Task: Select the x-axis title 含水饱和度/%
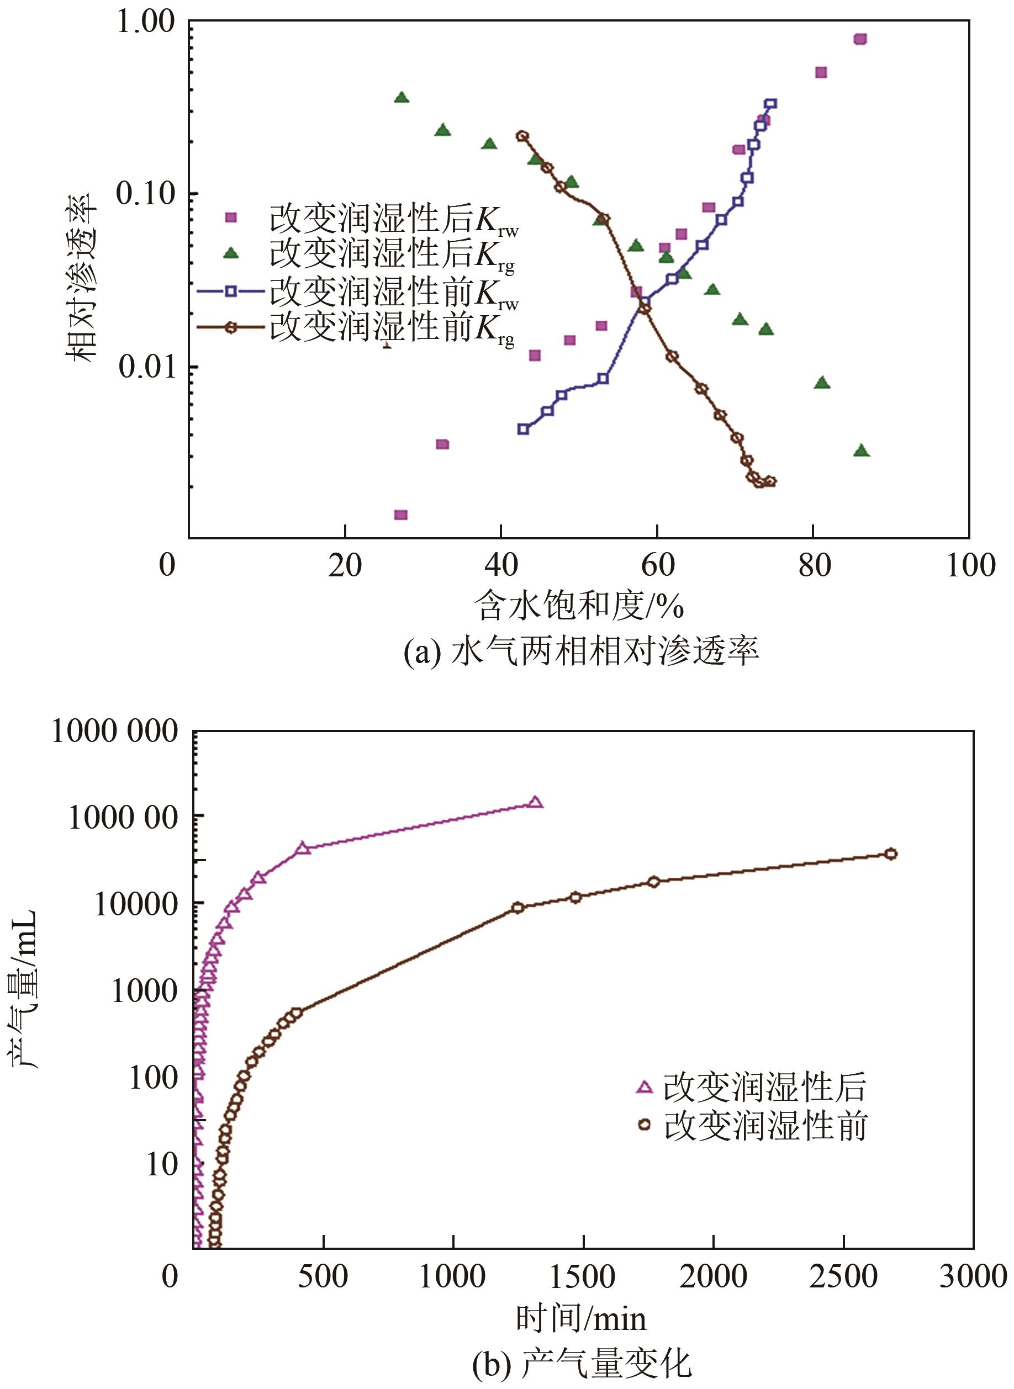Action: tap(579, 606)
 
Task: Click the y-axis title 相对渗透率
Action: tap(82, 277)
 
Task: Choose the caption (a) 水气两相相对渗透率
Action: tap(580, 651)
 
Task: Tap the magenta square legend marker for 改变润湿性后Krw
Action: tap(231, 217)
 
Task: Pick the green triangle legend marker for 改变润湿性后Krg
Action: tap(231, 252)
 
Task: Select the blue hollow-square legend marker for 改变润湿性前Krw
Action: tap(231, 291)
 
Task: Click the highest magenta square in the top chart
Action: tap(860, 39)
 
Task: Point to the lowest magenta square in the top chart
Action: tap(401, 515)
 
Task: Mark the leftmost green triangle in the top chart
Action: tap(402, 98)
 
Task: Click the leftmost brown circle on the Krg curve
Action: tap(522, 136)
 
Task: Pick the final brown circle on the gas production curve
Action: tap(891, 854)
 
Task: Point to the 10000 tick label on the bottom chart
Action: tap(136, 905)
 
